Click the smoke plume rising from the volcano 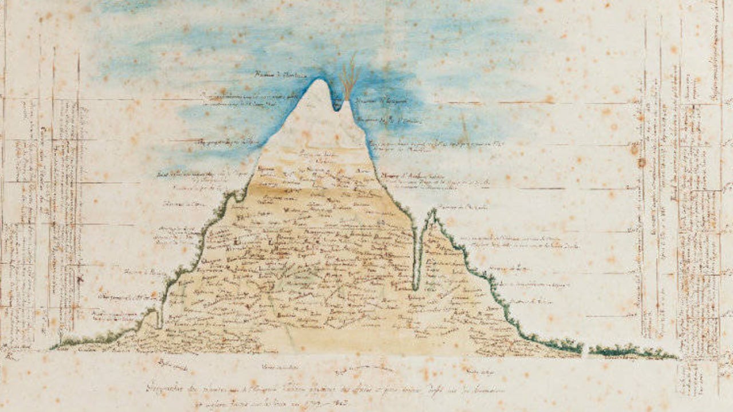tap(349, 77)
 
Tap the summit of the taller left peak tap(318, 80)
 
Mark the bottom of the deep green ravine tap(416, 286)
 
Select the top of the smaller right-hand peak tap(432, 211)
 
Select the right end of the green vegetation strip tap(676, 357)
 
